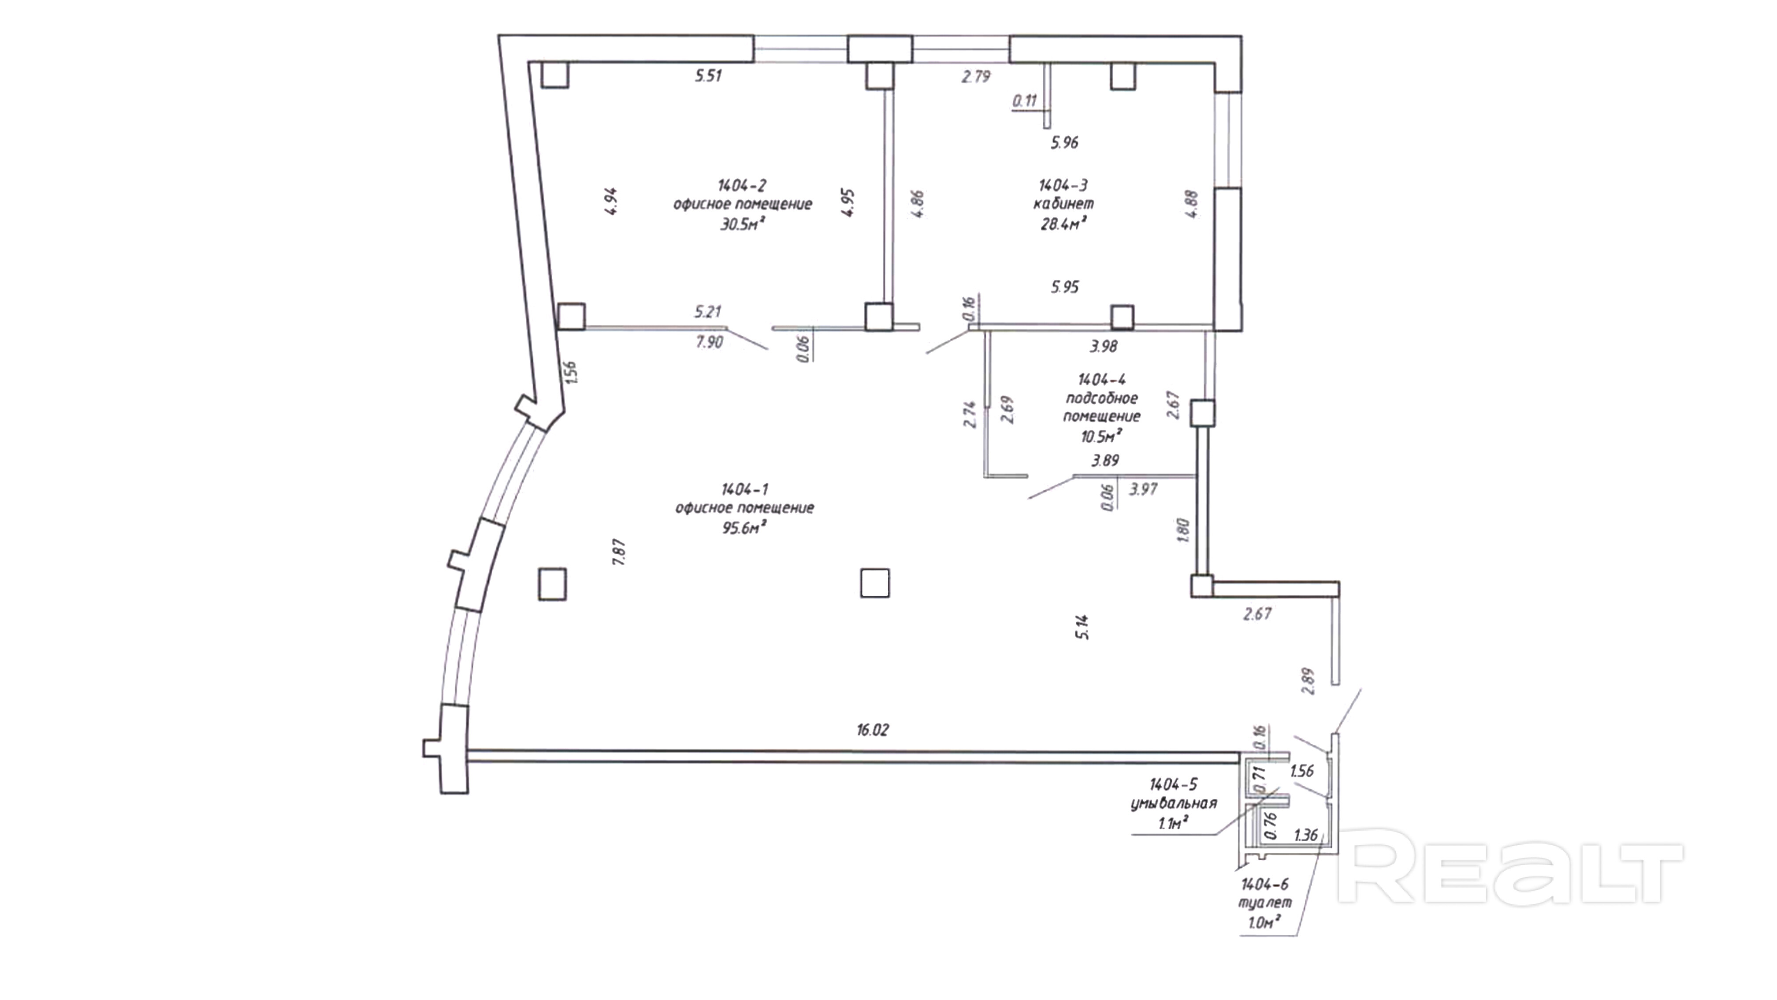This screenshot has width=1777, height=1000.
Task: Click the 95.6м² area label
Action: (744, 528)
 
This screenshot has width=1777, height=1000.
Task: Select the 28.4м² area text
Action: (1064, 224)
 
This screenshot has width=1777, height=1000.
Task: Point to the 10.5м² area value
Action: (1101, 436)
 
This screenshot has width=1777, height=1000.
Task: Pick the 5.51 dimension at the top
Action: (708, 76)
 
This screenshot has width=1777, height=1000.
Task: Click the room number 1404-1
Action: (744, 489)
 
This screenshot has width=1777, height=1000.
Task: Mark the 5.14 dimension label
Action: (1082, 627)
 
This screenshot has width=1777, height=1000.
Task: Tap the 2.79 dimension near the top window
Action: (976, 77)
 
